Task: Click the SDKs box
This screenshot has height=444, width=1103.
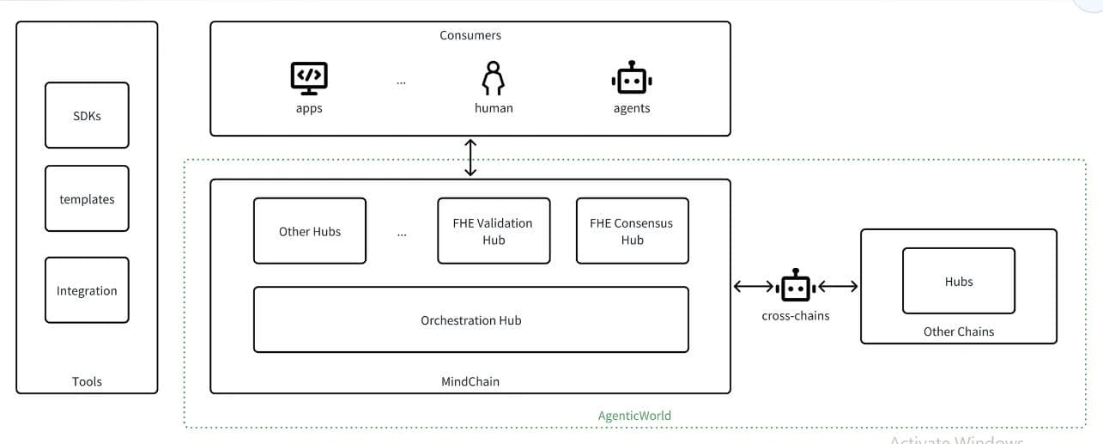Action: tap(88, 115)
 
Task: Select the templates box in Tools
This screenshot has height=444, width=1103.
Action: tap(88, 198)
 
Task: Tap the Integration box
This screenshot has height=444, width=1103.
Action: tap(88, 290)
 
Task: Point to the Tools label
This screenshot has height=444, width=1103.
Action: tap(87, 381)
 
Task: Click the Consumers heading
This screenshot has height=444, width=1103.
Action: tap(470, 35)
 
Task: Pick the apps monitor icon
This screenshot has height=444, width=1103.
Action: tap(309, 78)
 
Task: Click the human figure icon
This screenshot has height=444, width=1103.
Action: tap(494, 78)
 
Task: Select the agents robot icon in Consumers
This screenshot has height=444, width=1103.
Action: tap(632, 77)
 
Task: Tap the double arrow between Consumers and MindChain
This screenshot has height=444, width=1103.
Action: tap(470, 158)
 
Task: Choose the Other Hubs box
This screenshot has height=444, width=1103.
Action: tap(310, 231)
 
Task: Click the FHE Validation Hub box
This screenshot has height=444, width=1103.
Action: tap(494, 231)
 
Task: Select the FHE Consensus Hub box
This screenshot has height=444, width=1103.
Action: tap(633, 231)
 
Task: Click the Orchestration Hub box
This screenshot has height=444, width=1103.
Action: tap(471, 319)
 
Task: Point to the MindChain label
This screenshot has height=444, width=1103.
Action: tap(470, 381)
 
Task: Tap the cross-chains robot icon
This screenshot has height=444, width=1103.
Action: tap(796, 285)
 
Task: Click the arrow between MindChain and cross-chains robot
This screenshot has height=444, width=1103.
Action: tap(754, 286)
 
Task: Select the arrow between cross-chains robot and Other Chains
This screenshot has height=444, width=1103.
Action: tap(838, 286)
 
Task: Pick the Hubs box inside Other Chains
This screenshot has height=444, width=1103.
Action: tap(959, 281)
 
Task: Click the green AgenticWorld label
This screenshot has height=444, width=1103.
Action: tap(634, 416)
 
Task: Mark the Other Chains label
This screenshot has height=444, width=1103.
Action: tap(959, 331)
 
